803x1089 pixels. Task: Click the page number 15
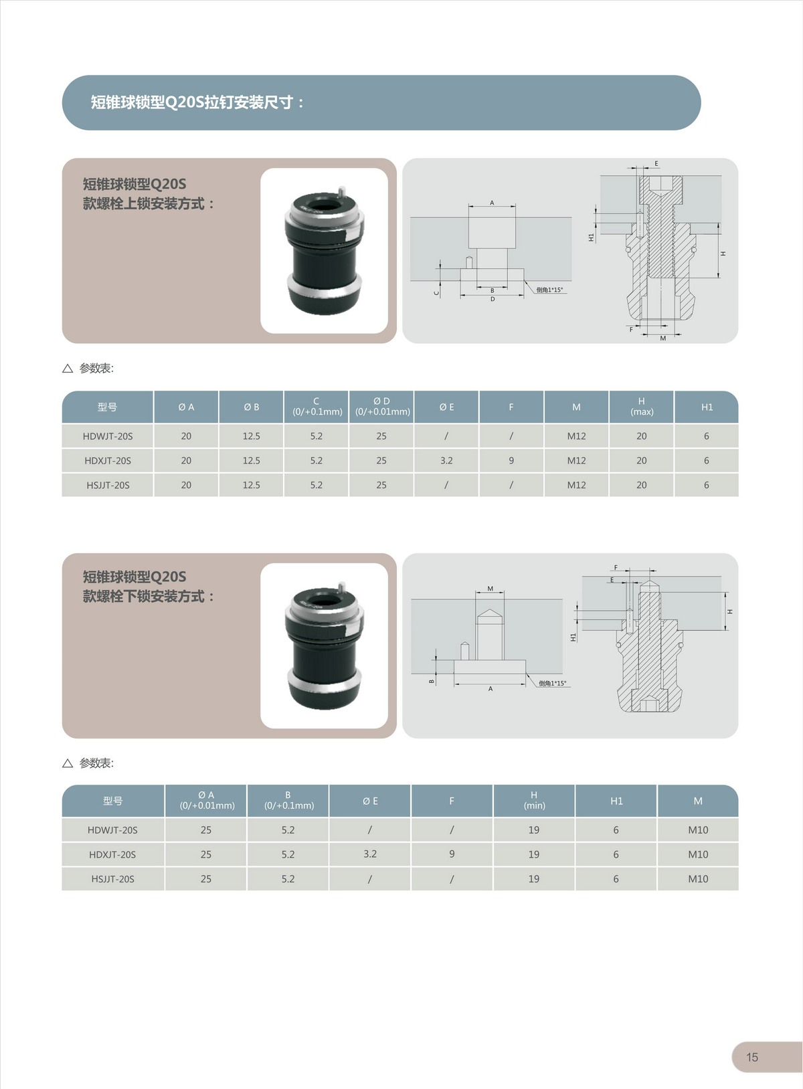click(x=752, y=1057)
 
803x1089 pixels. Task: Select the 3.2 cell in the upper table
click(x=446, y=460)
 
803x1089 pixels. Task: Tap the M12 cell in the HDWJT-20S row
click(x=576, y=436)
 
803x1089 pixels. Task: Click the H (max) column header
click(x=642, y=407)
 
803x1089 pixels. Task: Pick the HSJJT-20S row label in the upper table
click(x=108, y=485)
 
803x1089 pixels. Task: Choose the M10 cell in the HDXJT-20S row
click(x=698, y=854)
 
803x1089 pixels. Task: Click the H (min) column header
click(x=534, y=800)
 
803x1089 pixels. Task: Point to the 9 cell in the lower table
click(x=452, y=854)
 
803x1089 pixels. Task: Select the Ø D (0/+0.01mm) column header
click(x=382, y=407)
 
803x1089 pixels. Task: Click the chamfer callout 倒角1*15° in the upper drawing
click(x=549, y=290)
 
